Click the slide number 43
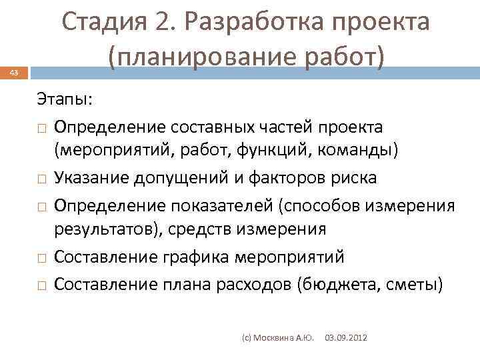[15, 73]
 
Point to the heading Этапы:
[65, 100]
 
